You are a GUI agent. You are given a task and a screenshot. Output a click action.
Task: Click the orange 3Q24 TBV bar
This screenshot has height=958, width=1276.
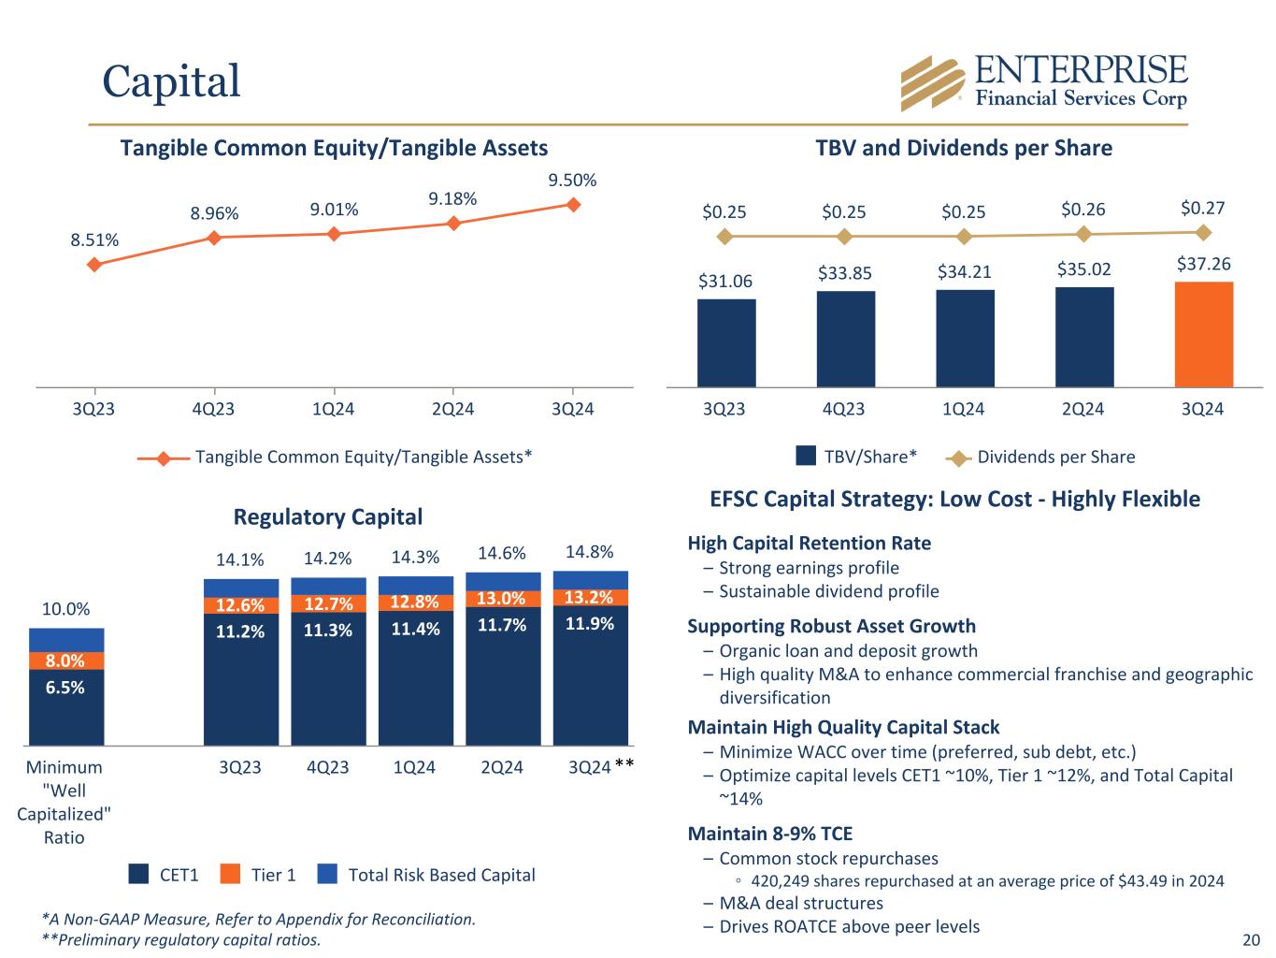click(x=1203, y=334)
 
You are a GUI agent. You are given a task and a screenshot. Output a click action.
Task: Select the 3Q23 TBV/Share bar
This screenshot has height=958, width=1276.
click(x=725, y=342)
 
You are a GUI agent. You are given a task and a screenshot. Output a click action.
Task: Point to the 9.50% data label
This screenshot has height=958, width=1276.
click(x=573, y=181)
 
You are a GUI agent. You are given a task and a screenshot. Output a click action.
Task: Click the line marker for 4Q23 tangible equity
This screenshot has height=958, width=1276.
click(x=214, y=238)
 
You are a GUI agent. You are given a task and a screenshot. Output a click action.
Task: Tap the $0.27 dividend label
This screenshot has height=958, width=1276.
click(x=1203, y=208)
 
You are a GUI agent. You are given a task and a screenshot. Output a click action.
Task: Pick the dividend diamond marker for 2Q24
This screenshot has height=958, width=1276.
click(x=1083, y=234)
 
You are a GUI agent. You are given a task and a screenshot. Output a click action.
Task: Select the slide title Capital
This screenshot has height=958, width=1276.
click(x=171, y=80)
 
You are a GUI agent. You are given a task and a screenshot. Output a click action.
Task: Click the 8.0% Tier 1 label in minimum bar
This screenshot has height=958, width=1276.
click(x=65, y=660)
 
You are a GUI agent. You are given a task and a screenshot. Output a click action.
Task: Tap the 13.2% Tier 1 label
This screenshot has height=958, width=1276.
click(x=590, y=598)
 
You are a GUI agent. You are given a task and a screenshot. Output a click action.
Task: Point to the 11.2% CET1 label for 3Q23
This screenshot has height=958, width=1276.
click(x=240, y=631)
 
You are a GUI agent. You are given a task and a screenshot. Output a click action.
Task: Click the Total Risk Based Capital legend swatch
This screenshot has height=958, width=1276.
click(x=326, y=875)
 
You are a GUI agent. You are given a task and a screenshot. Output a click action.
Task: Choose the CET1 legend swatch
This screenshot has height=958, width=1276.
click(x=138, y=875)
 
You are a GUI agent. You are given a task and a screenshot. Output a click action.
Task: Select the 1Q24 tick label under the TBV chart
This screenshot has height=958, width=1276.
click(x=963, y=410)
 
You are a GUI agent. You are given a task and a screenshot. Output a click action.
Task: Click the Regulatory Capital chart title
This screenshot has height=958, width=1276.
click(x=327, y=516)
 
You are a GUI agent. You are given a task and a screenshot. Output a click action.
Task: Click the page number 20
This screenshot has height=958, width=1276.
click(x=1251, y=940)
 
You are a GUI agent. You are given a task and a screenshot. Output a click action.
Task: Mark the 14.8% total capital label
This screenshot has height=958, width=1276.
click(x=590, y=551)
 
